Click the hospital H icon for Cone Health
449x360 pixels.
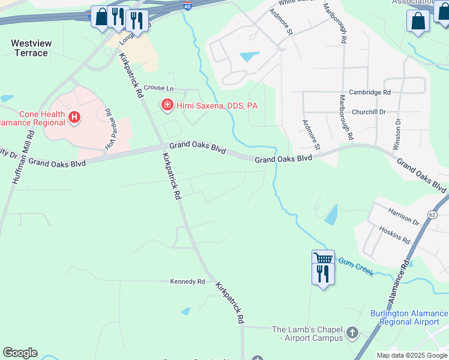pyautogui.click(x=74, y=117)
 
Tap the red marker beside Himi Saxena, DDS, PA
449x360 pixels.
pyautogui.click(x=167, y=106)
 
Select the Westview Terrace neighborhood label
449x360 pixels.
pyautogui.click(x=29, y=48)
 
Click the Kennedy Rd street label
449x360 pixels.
pyautogui.click(x=187, y=281)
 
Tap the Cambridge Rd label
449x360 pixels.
pyautogui.click(x=371, y=92)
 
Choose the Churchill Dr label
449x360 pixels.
pyautogui.click(x=369, y=112)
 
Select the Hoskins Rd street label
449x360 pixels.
pyautogui.click(x=394, y=235)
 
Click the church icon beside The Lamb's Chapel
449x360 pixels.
pyautogui.click(x=352, y=332)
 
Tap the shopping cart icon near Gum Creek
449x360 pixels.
pyautogui.click(x=323, y=258)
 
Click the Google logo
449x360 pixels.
pyautogui.click(x=20, y=353)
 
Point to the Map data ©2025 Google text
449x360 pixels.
pyautogui.click(x=411, y=355)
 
